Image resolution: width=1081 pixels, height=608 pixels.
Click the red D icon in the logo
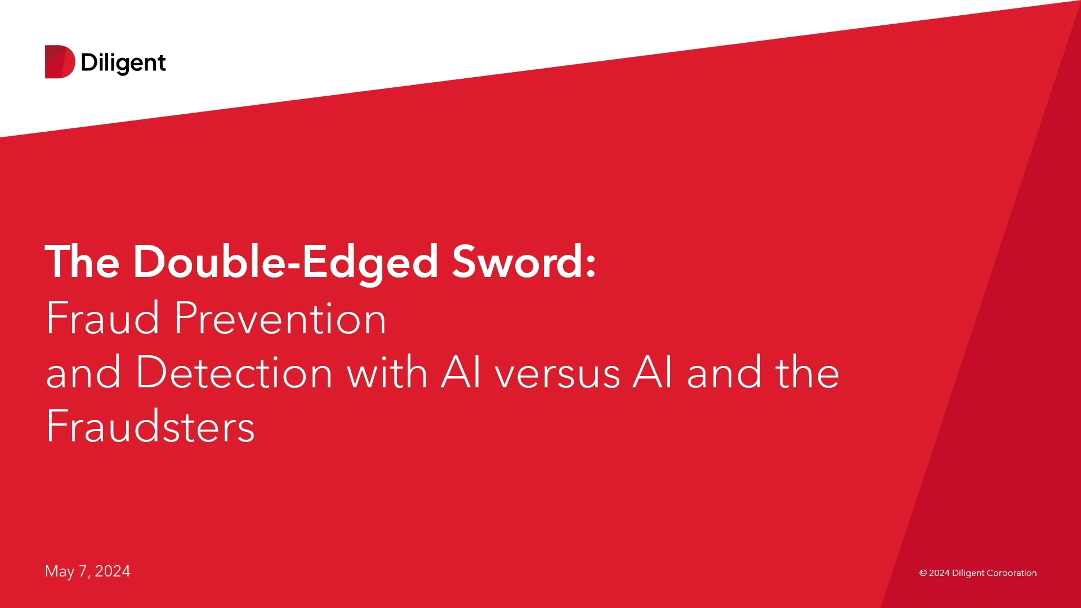pos(60,61)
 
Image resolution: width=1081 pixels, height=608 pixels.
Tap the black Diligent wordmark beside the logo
pos(123,63)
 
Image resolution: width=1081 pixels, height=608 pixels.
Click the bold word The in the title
pos(82,262)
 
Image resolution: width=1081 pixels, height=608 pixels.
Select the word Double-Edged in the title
pos(285,263)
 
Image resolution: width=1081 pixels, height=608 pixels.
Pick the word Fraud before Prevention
pos(103,318)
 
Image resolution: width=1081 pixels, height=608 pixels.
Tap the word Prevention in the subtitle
pos(280,318)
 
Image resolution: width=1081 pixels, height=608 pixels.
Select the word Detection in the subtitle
pos(234,372)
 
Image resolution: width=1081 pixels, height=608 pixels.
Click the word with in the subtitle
pos(387,372)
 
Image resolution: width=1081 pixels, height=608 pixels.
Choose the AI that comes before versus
pos(461,372)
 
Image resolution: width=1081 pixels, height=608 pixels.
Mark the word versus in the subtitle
pos(557,377)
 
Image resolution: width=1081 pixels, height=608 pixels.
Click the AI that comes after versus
pos(652,372)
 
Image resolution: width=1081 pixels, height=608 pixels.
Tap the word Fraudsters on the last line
pos(151,426)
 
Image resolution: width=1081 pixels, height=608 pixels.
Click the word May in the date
pos(60,572)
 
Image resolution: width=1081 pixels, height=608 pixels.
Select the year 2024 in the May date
pos(113,571)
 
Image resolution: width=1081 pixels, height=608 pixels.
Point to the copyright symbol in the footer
pos(923,573)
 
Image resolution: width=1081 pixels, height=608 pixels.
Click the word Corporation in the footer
pos(1011,573)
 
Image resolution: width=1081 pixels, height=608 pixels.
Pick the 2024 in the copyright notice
pos(939,573)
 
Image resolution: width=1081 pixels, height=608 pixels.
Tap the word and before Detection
pos(83,372)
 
